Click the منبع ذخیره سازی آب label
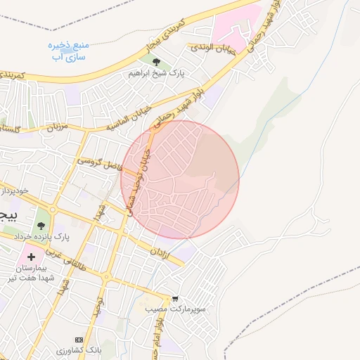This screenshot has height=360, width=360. (68, 50)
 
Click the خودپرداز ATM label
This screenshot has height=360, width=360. (14, 191)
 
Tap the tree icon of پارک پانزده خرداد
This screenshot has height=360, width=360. (41, 226)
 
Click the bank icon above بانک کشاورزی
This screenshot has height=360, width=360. (79, 340)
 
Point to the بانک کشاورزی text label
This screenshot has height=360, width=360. (79, 349)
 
